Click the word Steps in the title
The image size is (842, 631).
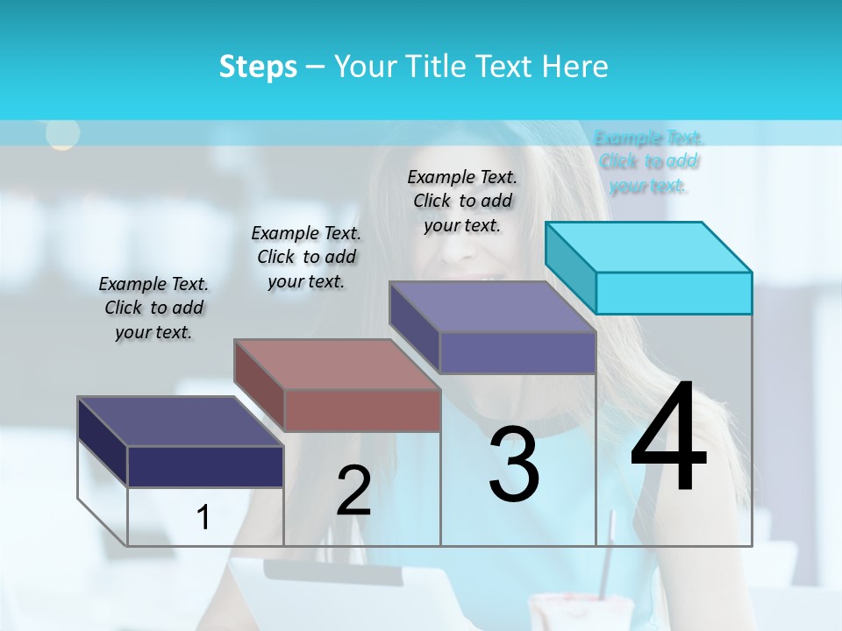click(x=258, y=67)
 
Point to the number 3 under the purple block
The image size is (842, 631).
click(x=514, y=464)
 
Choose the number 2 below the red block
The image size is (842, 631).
click(x=353, y=491)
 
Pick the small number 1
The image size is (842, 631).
click(x=203, y=518)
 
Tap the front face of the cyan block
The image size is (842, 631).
click(x=674, y=293)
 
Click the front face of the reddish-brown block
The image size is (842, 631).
click(x=362, y=410)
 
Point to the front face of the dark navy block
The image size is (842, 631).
click(x=205, y=466)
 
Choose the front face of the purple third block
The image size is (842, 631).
click(x=517, y=352)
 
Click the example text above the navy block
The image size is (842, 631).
click(x=153, y=308)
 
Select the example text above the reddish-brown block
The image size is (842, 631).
click(x=306, y=257)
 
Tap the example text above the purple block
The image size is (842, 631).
click(x=462, y=201)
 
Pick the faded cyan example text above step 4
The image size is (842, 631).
click(x=648, y=161)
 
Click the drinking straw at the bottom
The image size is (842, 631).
click(x=605, y=561)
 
